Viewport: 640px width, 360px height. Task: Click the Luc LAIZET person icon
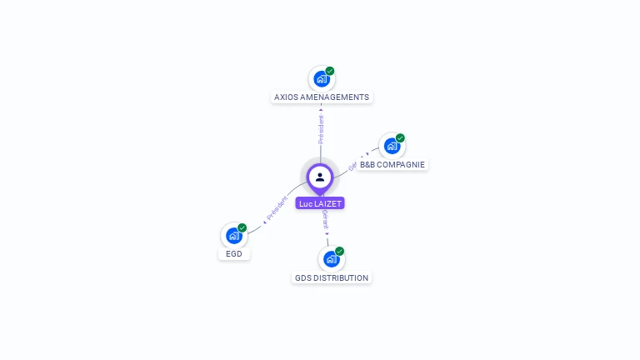click(x=320, y=177)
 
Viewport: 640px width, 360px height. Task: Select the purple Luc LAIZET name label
click(x=320, y=203)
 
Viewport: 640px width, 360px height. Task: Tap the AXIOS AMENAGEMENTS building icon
click(x=321, y=79)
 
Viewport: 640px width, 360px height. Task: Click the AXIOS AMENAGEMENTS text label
click(x=322, y=97)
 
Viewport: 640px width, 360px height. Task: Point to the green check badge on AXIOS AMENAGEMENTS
click(x=330, y=71)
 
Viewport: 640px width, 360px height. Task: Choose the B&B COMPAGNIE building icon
click(x=391, y=146)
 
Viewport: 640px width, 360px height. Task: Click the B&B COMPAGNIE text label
click(x=392, y=165)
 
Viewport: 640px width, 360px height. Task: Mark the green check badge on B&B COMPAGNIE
click(x=400, y=137)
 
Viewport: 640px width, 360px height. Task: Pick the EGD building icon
click(x=233, y=236)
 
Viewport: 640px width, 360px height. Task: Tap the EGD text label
click(x=234, y=254)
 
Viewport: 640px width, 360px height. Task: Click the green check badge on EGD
click(x=242, y=227)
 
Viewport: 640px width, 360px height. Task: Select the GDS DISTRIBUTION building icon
click(x=331, y=259)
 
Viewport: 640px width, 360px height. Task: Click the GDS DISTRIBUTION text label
click(x=332, y=278)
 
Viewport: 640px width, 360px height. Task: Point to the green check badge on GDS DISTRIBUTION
click(x=339, y=251)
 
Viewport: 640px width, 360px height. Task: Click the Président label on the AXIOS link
click(x=321, y=128)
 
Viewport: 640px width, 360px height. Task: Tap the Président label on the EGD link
click(x=277, y=208)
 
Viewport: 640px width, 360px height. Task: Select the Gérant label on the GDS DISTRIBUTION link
click(x=325, y=220)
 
